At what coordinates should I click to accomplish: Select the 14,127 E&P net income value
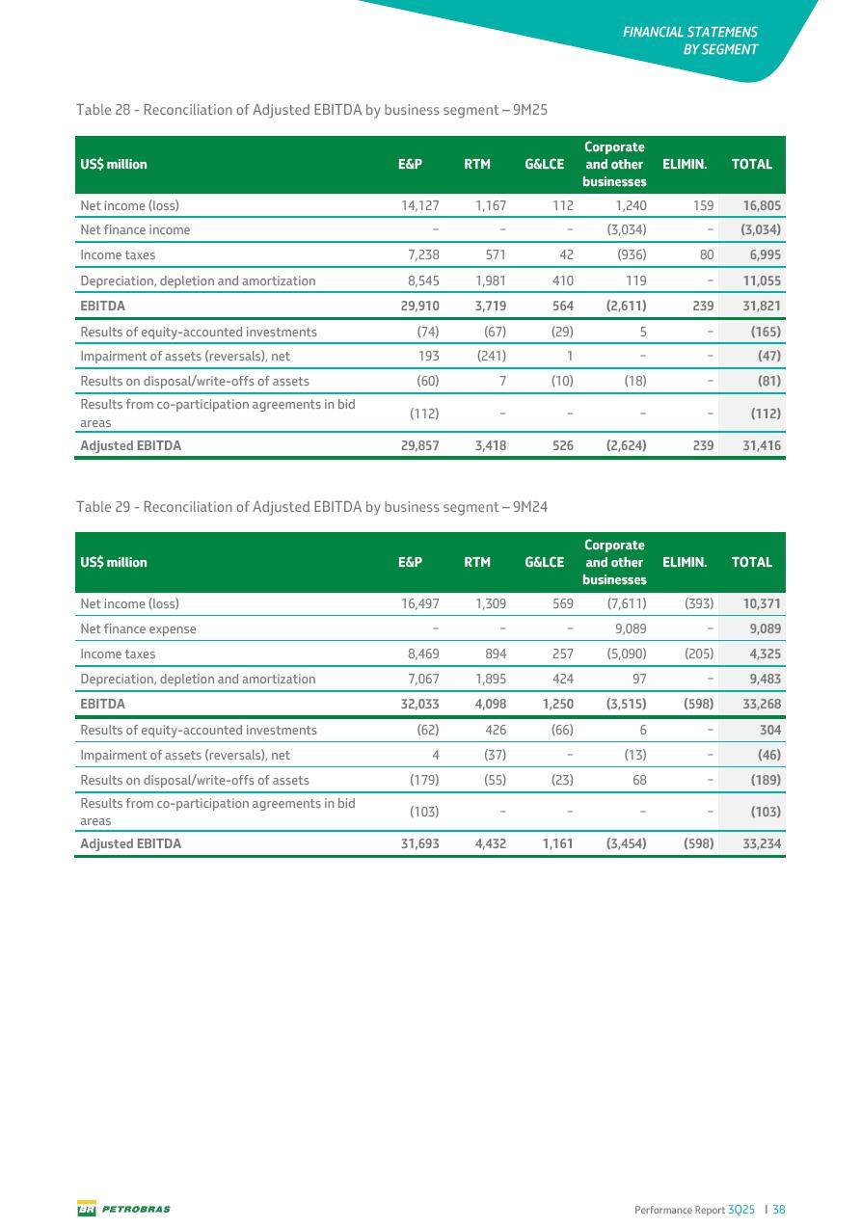[x=419, y=205]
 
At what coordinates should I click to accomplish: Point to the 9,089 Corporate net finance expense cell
[x=627, y=628]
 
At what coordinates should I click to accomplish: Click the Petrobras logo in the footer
[x=123, y=1209]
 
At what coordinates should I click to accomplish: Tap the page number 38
[x=779, y=1209]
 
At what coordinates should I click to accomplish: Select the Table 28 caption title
[x=311, y=110]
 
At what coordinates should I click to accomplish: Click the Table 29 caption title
[x=311, y=507]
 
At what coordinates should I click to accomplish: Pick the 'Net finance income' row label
[x=135, y=230]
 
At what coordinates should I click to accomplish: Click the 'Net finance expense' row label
[x=138, y=628]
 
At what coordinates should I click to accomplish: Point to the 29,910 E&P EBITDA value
[x=419, y=306]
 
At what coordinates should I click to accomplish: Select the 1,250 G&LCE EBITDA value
[x=552, y=704]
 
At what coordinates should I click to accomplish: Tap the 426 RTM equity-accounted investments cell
[x=495, y=730]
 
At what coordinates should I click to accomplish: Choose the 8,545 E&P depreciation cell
[x=422, y=280]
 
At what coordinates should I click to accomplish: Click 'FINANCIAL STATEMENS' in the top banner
[x=689, y=32]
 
